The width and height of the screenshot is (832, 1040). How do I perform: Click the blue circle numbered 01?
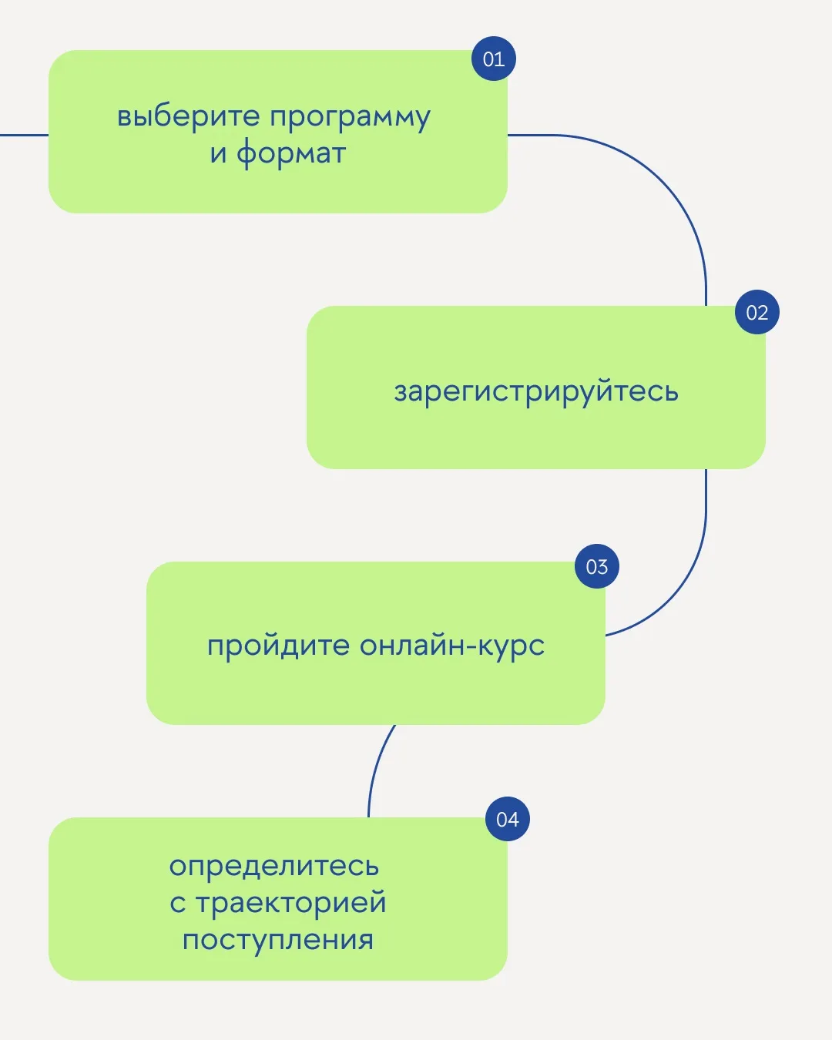coord(494,59)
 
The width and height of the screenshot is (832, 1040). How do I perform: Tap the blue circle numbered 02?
coord(757,312)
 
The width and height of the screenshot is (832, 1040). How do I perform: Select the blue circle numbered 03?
coord(597,566)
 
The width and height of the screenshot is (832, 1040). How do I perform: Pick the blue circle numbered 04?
coord(508,819)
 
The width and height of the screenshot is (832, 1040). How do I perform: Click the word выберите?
coord(189,116)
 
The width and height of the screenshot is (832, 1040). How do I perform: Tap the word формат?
coord(291,153)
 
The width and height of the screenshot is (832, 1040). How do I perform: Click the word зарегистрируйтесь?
coord(536,392)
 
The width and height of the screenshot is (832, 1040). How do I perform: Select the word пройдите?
coord(278,645)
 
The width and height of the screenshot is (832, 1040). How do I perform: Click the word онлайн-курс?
coord(452,646)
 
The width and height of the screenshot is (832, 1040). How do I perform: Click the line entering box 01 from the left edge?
coord(24,135)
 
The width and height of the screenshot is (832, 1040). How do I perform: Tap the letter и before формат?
coord(219,154)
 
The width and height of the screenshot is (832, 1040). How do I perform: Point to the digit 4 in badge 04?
coord(513,820)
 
